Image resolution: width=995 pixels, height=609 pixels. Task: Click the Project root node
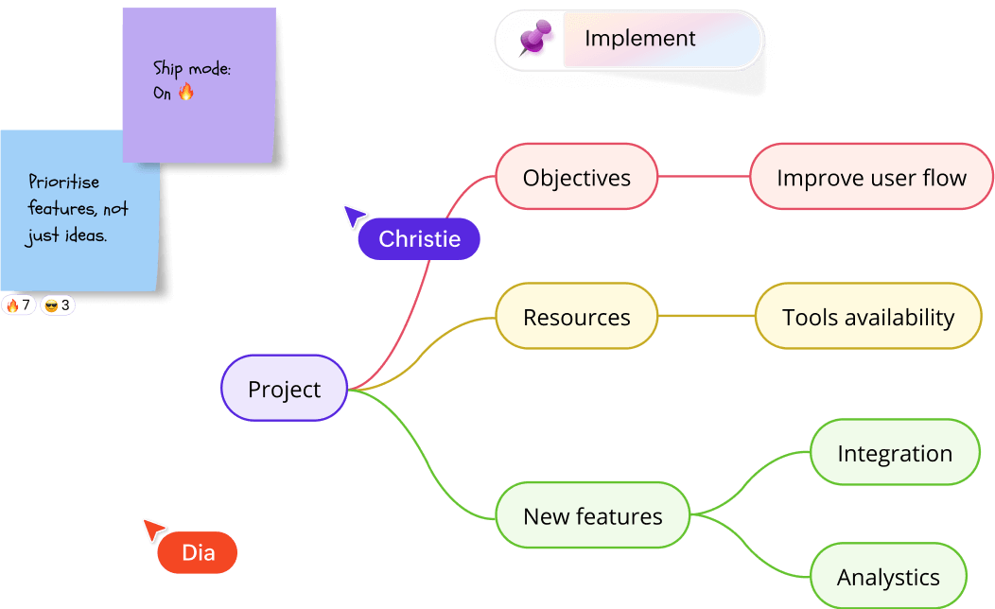pos(284,389)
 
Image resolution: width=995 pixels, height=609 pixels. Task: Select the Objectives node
pos(576,177)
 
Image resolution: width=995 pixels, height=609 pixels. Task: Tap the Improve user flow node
pos(871,177)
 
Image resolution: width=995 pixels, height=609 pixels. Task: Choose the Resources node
pos(576,317)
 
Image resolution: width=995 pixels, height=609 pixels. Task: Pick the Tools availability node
pos(867,317)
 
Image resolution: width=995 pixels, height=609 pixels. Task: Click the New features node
pos(592,515)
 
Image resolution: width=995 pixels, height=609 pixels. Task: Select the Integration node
pos(894,453)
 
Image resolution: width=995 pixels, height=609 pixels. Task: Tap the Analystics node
pos(888,577)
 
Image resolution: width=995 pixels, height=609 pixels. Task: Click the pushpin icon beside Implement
pos(535,40)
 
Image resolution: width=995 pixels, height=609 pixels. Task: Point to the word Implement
pos(639,39)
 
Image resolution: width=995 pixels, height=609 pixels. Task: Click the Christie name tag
pos(419,239)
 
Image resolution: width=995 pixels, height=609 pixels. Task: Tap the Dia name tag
pos(198,552)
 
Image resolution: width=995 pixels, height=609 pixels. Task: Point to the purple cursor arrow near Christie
pos(354,216)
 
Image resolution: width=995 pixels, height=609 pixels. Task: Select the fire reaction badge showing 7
pos(19,305)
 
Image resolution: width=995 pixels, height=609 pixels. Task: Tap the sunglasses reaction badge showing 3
pos(57,305)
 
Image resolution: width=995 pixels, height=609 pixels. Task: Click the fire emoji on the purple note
pos(185,92)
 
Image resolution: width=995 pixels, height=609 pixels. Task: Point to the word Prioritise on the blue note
pos(63,182)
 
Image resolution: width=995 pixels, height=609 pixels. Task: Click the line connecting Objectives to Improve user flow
pos(704,177)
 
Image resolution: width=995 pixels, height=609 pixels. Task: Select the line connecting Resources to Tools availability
pos(706,317)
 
